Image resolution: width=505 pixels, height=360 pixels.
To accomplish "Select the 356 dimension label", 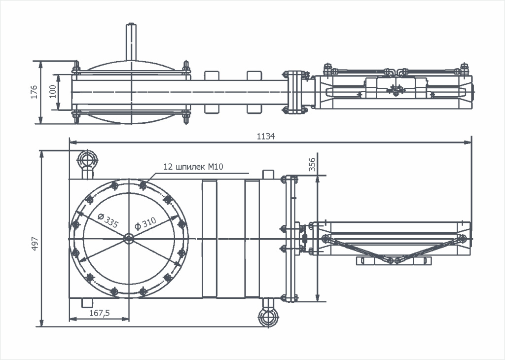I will (x=312, y=164).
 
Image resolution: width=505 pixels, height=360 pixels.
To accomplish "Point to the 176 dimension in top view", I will (x=34, y=92).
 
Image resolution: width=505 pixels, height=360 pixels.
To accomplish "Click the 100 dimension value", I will (x=52, y=91).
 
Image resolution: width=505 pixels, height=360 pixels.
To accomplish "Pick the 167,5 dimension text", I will (x=99, y=313).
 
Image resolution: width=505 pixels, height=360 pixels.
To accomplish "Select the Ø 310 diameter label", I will (x=145, y=224).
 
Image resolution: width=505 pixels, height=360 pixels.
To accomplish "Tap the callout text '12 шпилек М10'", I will (x=193, y=167).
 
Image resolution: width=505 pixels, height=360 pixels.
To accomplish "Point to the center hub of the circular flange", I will (x=129, y=239).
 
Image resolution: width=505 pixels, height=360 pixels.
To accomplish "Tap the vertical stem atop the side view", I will (x=131, y=42).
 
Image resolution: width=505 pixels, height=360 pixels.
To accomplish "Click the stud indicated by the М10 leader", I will (x=143, y=185).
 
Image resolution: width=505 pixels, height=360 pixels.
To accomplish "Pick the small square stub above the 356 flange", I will (x=268, y=175).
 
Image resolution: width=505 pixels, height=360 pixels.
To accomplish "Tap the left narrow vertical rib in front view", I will (x=210, y=239).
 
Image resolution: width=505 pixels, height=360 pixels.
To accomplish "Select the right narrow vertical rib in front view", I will (x=252, y=239).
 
